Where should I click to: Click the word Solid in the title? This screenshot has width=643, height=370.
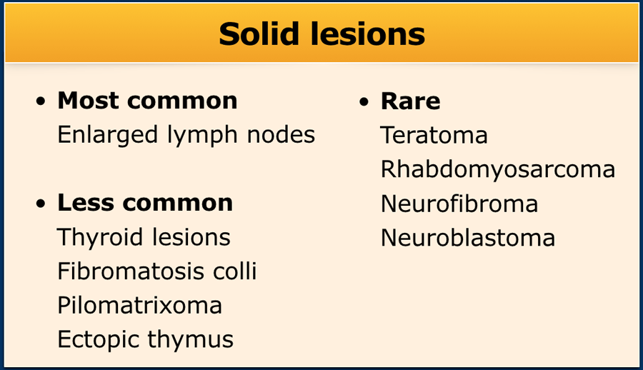tap(259, 34)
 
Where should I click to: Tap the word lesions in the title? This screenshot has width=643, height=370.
tap(368, 34)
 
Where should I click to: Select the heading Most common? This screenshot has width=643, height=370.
tap(148, 101)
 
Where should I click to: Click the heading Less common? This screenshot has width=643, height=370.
tap(145, 203)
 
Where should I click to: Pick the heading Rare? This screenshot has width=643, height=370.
tap(411, 101)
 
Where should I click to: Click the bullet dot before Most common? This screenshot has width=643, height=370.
tap(41, 101)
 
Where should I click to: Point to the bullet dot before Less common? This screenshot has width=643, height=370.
tap(41, 203)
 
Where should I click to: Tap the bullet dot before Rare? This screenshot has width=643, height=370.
tap(364, 101)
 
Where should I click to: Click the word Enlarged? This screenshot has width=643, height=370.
tap(107, 136)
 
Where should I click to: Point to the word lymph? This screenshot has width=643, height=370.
tap(202, 136)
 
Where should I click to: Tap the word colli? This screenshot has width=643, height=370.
tap(235, 271)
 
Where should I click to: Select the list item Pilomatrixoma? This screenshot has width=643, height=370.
tap(140, 305)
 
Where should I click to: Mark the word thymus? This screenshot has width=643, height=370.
tap(190, 340)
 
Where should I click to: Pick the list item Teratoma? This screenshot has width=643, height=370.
tap(434, 135)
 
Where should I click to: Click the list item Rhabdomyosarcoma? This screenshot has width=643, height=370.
tap(498, 170)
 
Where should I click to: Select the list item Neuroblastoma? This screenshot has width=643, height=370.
tap(468, 238)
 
